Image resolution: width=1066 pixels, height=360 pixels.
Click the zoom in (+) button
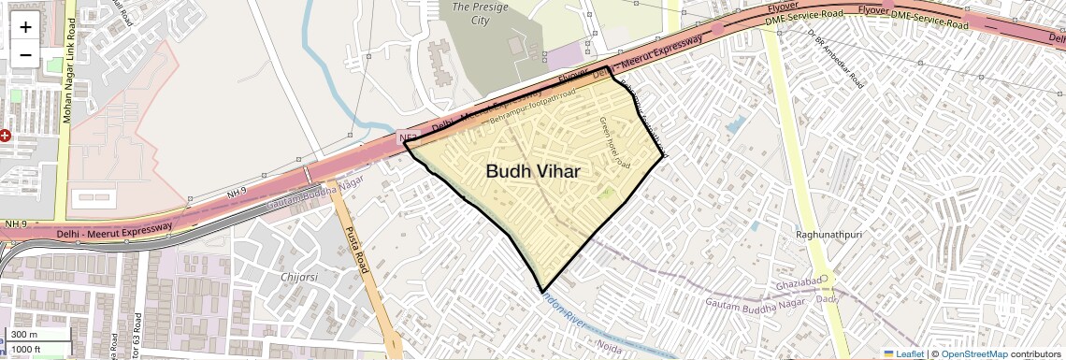[x=25, y=27]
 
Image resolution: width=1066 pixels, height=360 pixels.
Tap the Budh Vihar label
[x=532, y=171]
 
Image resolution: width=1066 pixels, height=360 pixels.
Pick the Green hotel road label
[x=615, y=142]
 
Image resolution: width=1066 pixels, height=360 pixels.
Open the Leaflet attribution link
[x=902, y=354]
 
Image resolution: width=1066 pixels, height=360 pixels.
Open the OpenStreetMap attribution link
[x=973, y=354]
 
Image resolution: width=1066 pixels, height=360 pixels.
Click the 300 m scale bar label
[x=24, y=335]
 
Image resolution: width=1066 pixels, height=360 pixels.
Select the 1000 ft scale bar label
[x=27, y=349]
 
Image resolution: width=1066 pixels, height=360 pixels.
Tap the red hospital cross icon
[x=6, y=136]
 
